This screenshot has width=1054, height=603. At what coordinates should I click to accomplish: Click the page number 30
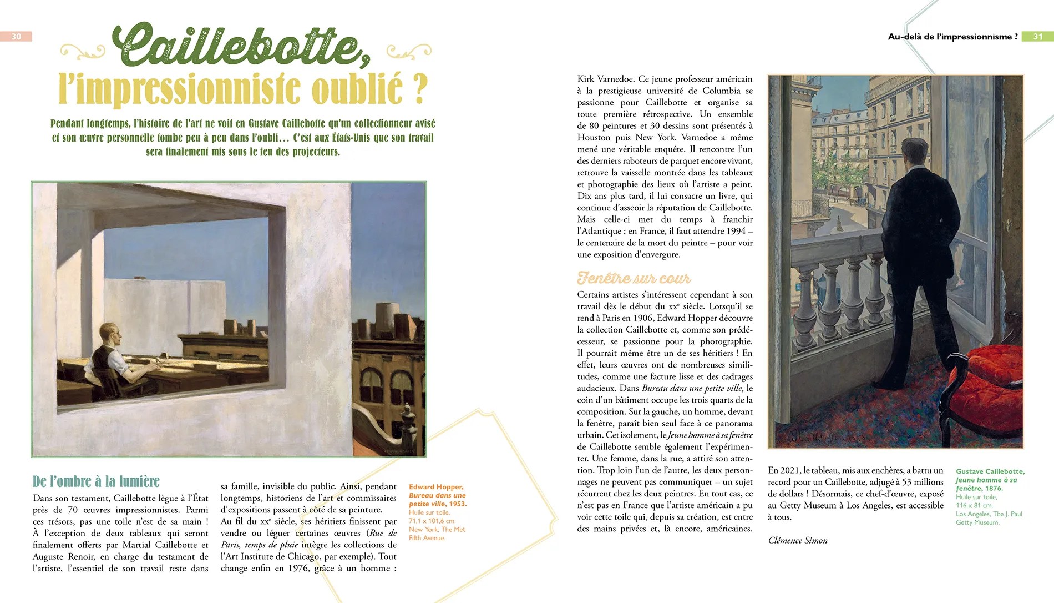tap(16, 37)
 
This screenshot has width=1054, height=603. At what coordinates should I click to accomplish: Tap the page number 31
tap(1037, 37)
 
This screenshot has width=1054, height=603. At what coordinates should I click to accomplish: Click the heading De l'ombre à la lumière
tap(96, 481)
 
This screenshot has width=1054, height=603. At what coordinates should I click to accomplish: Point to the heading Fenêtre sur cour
tap(634, 278)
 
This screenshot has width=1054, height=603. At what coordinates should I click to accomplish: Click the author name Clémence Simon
tap(797, 540)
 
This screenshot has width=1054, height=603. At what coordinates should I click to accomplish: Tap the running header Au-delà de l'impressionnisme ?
tap(952, 37)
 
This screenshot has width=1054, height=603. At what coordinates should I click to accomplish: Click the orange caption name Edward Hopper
tap(436, 487)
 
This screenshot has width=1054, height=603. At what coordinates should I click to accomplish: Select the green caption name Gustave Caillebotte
tap(990, 471)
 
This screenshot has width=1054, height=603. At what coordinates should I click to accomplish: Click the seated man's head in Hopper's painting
tap(109, 335)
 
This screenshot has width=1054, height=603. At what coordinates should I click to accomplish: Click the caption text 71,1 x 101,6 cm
tap(432, 521)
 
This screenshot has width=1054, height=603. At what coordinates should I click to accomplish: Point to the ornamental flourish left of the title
tap(82, 52)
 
